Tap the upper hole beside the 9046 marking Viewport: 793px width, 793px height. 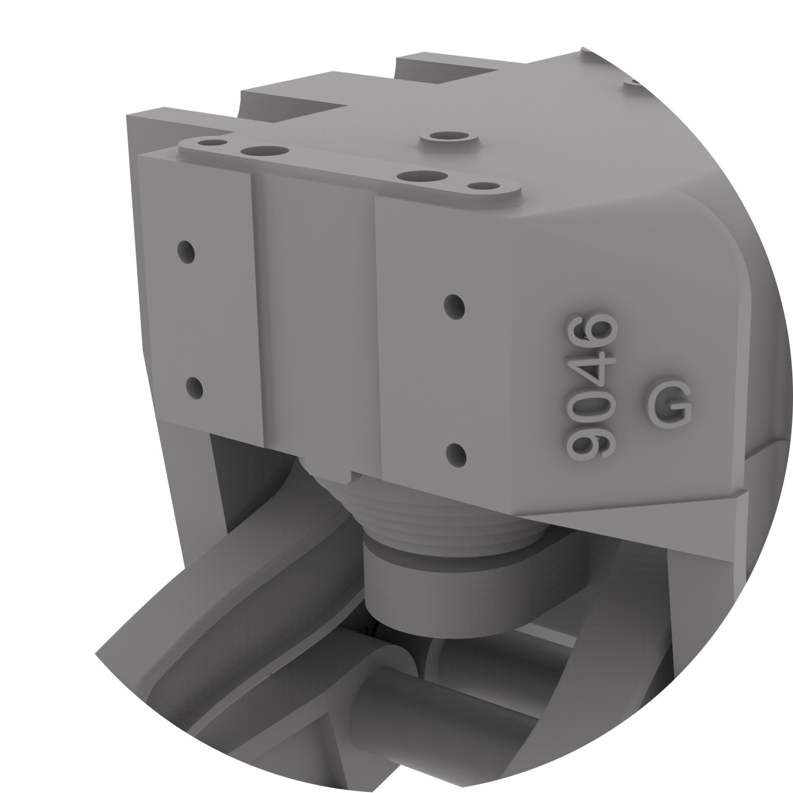[455, 306]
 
